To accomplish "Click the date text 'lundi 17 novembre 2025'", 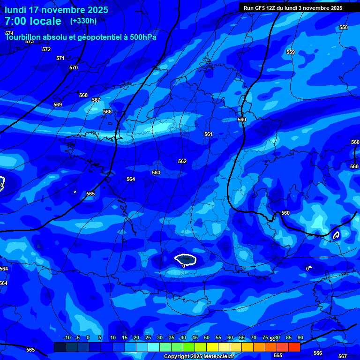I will coord(57,10).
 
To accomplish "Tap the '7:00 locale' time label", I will coord(33,21).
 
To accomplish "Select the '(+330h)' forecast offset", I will coord(83,21).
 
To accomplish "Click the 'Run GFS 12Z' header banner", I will coord(293,8).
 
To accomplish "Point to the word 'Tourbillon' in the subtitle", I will coord(23,37).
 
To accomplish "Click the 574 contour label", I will coord(9,33).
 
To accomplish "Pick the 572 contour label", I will coord(46,49).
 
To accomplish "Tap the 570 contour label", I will coord(74,67).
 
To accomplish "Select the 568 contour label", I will coord(83,95).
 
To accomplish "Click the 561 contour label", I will coord(209,135).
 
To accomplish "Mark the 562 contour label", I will coord(182,161).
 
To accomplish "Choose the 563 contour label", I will coord(156,172).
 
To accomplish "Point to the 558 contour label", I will coord(344,27).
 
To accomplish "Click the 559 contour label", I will coord(291,52).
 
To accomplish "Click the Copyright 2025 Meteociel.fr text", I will coord(199,357).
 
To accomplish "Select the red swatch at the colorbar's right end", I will coord(294,347).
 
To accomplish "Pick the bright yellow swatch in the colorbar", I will coord(212,347).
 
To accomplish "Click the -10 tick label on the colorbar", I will coord(67,338).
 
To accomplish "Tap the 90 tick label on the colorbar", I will coord(300,338).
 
